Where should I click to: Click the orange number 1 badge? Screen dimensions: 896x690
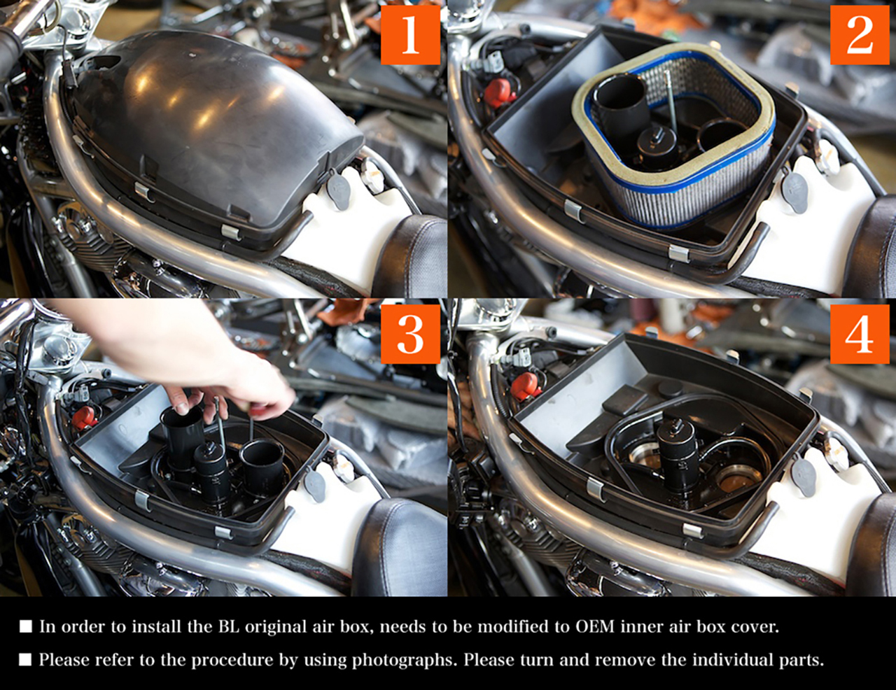click(410, 35)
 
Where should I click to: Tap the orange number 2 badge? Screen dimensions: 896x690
click(860, 35)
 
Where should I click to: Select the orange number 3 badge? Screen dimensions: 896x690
click(410, 334)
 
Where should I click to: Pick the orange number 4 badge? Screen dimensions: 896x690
click(860, 334)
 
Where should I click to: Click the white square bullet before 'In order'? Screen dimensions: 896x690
click(26, 627)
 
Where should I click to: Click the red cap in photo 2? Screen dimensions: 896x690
click(500, 92)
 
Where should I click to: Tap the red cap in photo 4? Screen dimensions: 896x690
click(524, 386)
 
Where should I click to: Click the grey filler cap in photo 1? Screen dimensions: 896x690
click(337, 191)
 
